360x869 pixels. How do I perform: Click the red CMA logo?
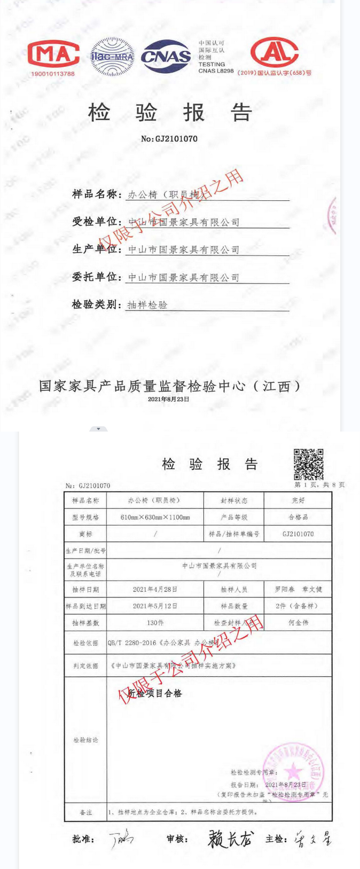[53, 54]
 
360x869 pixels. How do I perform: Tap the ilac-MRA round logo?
[112, 56]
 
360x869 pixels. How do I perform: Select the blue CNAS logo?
[166, 56]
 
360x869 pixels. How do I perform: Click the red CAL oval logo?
[275, 52]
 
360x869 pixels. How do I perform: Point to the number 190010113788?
[53, 74]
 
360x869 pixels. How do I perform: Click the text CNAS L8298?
[216, 71]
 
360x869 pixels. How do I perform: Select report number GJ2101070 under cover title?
[169, 139]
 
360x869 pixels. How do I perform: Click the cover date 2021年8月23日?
[168, 399]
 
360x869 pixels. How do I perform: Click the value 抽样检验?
[147, 305]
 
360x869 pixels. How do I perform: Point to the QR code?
[309, 464]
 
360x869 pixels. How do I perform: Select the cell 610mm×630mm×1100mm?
[155, 517]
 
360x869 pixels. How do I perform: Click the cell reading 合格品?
[298, 517]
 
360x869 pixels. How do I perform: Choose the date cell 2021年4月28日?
[155, 589]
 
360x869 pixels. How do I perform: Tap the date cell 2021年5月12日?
[155, 606]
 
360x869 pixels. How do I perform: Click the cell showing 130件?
[155, 623]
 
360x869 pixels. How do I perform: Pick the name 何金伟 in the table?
[298, 623]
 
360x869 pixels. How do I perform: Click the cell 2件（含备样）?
[298, 606]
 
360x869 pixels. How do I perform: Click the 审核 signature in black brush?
[231, 839]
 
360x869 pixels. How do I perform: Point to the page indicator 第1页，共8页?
[319, 485]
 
